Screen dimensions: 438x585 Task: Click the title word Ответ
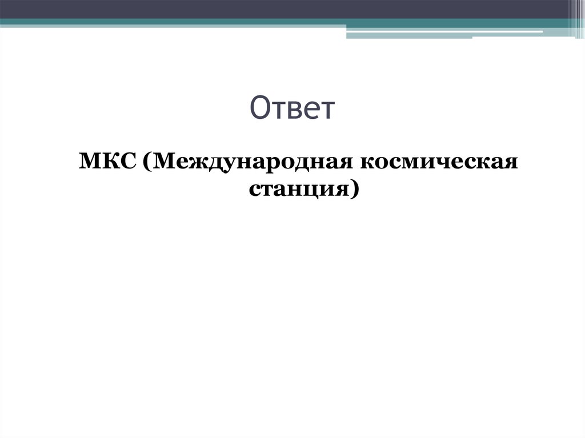(x=292, y=109)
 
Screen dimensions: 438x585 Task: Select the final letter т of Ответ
(x=325, y=111)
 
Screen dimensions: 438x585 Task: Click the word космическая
(x=439, y=163)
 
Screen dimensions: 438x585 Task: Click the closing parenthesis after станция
(x=355, y=189)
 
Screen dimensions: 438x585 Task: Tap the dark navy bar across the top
(x=286, y=9)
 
